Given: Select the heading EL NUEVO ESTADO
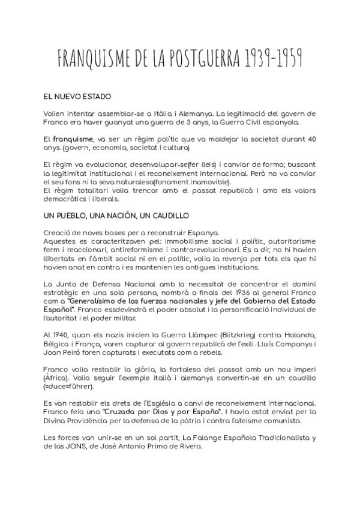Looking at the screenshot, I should pyautogui.click(x=77, y=96).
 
